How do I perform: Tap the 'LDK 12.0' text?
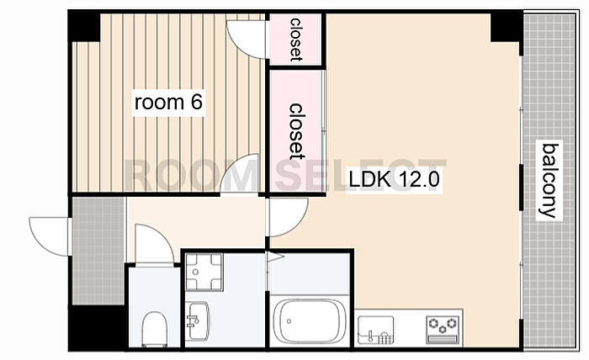(395, 178)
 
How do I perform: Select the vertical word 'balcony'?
(549, 180)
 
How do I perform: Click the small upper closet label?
(295, 39)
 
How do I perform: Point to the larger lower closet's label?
(296, 130)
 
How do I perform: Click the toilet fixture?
(153, 328)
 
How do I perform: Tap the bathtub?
(310, 320)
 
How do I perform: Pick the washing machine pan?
(202, 271)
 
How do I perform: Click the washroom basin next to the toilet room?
(199, 320)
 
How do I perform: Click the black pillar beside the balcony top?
(506, 29)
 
